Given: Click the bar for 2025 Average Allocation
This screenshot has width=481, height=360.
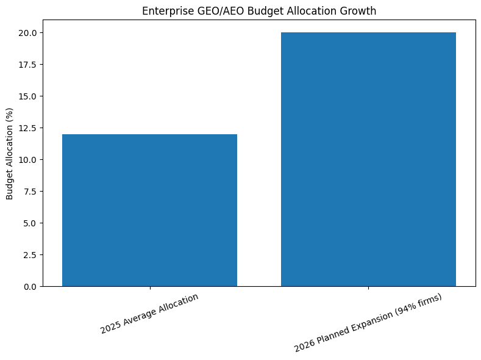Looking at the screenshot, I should pyautogui.click(x=149, y=210).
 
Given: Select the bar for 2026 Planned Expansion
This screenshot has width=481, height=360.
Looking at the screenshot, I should pyautogui.click(x=368, y=159).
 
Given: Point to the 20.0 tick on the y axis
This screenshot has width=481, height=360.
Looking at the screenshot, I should pyautogui.click(x=29, y=33).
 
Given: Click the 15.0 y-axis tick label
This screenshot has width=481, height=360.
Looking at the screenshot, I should pyautogui.click(x=29, y=96).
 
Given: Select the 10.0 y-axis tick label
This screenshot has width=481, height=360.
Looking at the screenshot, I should pyautogui.click(x=29, y=160).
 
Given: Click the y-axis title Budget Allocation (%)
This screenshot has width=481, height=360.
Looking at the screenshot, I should pyautogui.click(x=10, y=159).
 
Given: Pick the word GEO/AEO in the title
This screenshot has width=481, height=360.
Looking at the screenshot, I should pyautogui.click(x=211, y=11).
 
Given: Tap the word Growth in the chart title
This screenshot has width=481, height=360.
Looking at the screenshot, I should pyautogui.click(x=357, y=11).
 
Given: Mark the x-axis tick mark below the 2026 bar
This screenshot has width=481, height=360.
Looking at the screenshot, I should pyautogui.click(x=368, y=288).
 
